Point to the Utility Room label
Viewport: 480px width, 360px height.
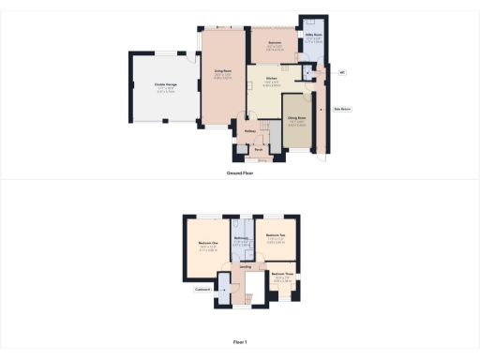(312, 37)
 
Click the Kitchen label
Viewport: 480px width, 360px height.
(271, 79)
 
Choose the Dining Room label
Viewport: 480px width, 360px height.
(298, 119)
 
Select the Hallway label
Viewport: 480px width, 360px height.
(250, 131)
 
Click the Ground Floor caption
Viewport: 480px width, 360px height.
(240, 172)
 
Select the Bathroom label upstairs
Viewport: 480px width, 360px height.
(241, 238)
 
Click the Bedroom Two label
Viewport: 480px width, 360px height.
(276, 235)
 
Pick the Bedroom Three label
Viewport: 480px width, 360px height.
(284, 275)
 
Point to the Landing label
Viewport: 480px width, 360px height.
(246, 267)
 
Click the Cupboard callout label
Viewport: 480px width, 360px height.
(201, 291)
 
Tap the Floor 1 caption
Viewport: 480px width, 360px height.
(240, 342)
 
